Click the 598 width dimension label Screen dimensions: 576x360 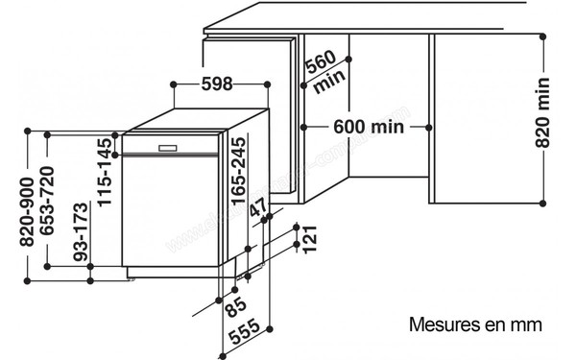coord(218,84)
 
